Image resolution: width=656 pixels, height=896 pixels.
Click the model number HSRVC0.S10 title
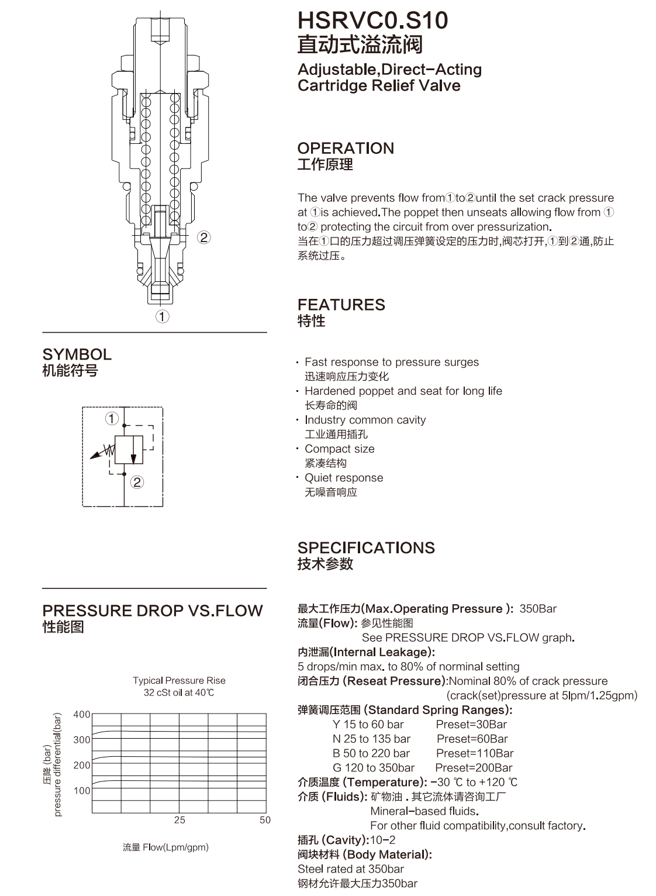coord(372,20)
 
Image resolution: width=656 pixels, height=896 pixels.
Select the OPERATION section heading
coord(346,148)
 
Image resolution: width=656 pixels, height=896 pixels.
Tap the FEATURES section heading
coord(341,305)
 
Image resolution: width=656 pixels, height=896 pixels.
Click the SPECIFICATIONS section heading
coord(366,547)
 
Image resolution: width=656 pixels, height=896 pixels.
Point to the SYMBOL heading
coord(77,354)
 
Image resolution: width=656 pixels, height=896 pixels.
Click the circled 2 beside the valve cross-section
coord(204,237)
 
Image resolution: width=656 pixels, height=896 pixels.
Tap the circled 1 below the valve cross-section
coord(163,317)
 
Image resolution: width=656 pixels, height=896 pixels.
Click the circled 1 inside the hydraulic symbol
coord(112,419)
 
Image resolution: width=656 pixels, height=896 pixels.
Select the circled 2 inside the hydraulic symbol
coord(137,482)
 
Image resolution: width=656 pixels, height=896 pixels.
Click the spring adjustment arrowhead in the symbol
coord(94,456)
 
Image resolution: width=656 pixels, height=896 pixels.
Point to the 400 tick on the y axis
coord(81,715)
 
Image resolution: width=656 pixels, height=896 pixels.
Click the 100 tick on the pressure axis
coord(81,791)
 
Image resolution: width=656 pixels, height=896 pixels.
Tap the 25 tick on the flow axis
coord(179,820)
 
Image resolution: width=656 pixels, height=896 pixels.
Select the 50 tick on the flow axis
coord(265,820)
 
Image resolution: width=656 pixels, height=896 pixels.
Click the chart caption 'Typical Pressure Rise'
coord(179,680)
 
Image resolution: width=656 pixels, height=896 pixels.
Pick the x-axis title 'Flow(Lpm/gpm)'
coord(175,847)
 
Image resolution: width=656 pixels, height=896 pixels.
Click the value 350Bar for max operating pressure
coord(538,609)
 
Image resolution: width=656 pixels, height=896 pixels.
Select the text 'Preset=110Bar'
coord(475,753)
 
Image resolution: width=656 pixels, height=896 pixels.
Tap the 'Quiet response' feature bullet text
coord(344,478)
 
